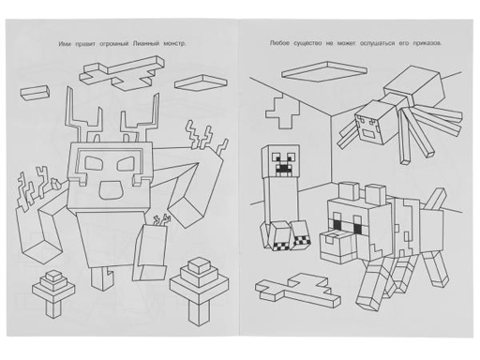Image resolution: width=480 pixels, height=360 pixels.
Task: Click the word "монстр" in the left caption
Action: tap(174, 44)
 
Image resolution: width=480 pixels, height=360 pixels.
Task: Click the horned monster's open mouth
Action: tap(111, 189)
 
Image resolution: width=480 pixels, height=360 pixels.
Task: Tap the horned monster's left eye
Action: tap(94, 163)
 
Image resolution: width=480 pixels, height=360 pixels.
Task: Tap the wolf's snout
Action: tap(336, 246)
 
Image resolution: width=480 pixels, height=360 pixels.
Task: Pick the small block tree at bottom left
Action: tap(53, 291)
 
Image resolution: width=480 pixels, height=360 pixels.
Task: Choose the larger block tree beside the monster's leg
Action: tap(199, 290)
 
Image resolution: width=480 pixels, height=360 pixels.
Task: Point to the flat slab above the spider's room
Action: tap(324, 71)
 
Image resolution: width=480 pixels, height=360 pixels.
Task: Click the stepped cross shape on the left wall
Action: tap(282, 112)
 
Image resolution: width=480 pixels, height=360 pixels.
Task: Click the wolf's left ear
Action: tap(349, 192)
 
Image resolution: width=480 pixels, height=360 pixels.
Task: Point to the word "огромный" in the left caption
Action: tap(113, 44)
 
